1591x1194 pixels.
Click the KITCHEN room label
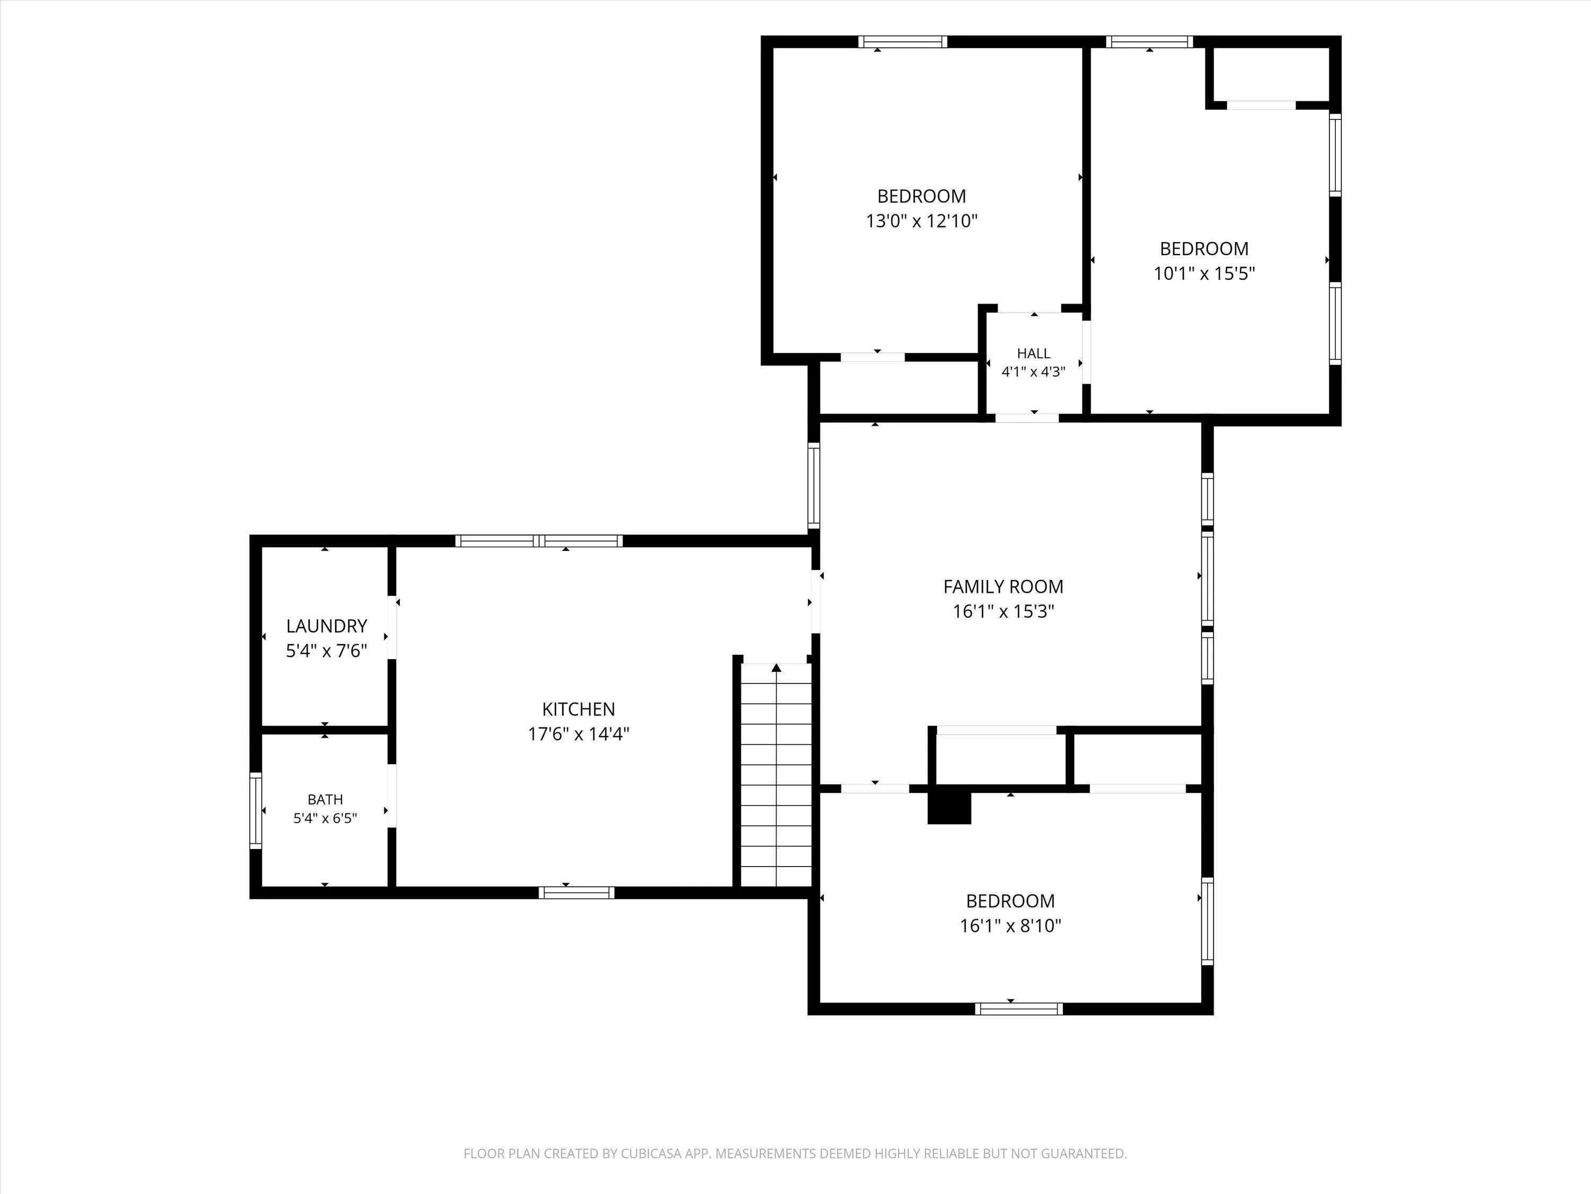click(x=578, y=709)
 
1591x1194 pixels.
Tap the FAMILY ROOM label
click(x=1003, y=586)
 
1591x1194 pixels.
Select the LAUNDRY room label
click(x=327, y=626)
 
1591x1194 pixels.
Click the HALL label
click(x=1034, y=353)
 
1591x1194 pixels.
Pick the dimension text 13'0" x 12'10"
click(x=921, y=221)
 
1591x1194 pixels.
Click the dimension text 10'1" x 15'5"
click(x=1204, y=273)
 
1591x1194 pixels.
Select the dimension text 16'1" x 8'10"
click(x=1011, y=925)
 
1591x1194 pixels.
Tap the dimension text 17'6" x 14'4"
click(x=578, y=734)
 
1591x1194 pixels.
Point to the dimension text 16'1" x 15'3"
click(x=1003, y=612)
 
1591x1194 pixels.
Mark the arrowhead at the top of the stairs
click(x=776, y=668)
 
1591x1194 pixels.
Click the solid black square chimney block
click(x=949, y=808)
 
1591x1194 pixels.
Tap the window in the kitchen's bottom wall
click(x=577, y=893)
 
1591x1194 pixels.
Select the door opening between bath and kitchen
click(x=392, y=796)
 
